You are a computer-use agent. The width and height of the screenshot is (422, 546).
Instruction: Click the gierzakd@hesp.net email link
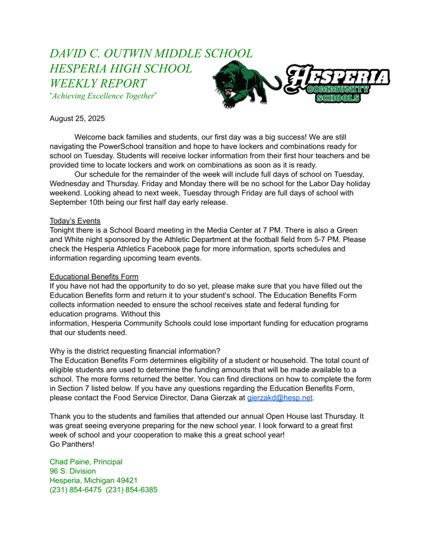click(280, 398)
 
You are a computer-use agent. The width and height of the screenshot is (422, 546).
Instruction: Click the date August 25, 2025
click(77, 118)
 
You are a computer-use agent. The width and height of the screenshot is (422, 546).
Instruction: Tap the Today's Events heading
click(75, 221)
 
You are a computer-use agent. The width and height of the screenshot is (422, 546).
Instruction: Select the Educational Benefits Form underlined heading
click(94, 277)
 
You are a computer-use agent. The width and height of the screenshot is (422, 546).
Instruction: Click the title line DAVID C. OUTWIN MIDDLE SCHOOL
click(151, 53)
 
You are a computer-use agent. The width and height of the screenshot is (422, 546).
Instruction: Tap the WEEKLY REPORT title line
click(98, 83)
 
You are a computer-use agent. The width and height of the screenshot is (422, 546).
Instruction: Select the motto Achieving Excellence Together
click(103, 96)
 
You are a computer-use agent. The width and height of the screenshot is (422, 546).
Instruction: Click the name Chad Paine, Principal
click(86, 462)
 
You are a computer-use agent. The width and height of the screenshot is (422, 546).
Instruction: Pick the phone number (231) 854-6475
click(75, 490)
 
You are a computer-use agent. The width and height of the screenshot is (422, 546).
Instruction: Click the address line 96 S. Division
click(73, 471)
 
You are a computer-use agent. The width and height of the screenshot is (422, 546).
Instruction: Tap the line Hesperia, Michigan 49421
click(93, 480)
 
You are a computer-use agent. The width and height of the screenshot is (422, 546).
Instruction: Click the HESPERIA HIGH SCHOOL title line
click(120, 68)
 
